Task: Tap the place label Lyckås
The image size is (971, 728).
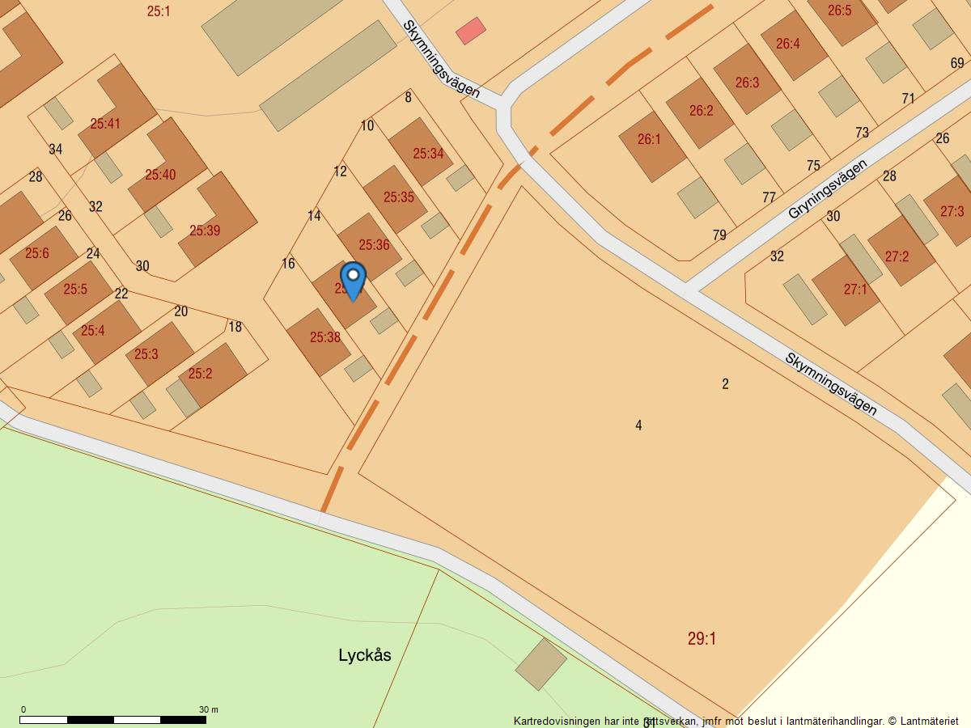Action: pyautogui.click(x=364, y=655)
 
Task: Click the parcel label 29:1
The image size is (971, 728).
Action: pyautogui.click(x=702, y=639)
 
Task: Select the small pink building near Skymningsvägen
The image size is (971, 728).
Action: pyautogui.click(x=470, y=31)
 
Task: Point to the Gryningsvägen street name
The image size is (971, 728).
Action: pyautogui.click(x=827, y=189)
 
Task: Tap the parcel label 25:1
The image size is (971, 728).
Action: pyautogui.click(x=159, y=11)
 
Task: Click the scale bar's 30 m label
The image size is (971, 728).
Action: pyautogui.click(x=208, y=709)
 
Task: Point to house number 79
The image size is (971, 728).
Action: pyautogui.click(x=719, y=235)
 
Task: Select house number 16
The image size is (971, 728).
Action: pyautogui.click(x=288, y=264)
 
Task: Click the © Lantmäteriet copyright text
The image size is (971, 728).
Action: pyautogui.click(x=922, y=721)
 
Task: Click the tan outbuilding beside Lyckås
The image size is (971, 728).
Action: pyautogui.click(x=541, y=664)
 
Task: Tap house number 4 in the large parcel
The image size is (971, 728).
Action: pyautogui.click(x=638, y=425)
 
